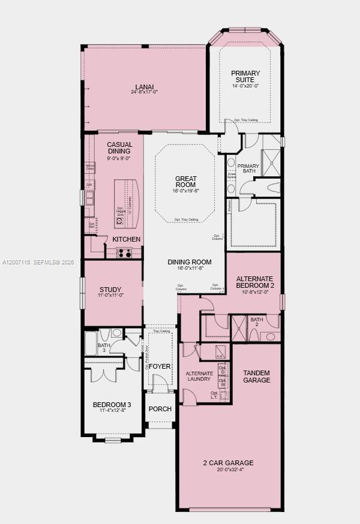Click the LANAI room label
[145, 86]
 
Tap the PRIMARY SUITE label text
[246, 77]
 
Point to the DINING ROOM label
[190, 261]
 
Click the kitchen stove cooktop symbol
[124, 253]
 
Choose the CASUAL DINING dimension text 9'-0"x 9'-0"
[119, 158]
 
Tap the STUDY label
[110, 290]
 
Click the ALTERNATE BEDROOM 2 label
[255, 282]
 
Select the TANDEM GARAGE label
[256, 377]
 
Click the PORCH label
[160, 409]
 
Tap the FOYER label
[160, 366]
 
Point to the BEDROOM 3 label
[112, 405]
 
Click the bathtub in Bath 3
[91, 344]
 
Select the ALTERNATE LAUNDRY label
[199, 376]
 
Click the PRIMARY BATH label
[248, 169]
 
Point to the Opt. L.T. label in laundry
[214, 396]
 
